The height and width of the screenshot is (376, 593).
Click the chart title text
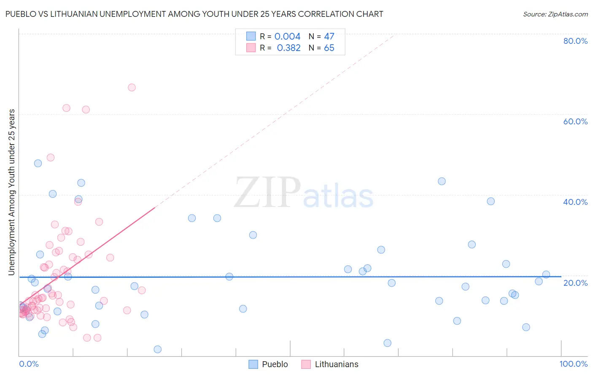point(194,14)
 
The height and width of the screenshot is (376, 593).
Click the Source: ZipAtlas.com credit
point(555,14)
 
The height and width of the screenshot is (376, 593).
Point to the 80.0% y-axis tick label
point(575,41)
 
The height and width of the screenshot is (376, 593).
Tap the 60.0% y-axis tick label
point(575,121)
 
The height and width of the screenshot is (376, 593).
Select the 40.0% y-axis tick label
point(575,202)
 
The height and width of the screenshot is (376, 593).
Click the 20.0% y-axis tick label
point(575,282)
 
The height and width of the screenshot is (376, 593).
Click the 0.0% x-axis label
point(29,364)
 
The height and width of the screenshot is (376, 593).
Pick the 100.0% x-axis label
point(573,364)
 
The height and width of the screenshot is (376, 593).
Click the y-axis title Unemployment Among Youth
point(12,192)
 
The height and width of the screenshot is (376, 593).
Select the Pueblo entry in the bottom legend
point(269,364)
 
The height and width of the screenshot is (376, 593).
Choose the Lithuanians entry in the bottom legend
point(330,364)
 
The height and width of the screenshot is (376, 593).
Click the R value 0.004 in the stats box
point(287,37)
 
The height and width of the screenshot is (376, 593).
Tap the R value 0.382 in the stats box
point(288,48)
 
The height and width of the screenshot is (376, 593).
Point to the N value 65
point(329,48)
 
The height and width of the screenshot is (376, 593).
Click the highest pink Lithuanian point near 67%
point(132,88)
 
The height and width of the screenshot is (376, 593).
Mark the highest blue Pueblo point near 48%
point(38,164)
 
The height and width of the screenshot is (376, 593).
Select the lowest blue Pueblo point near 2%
point(158,349)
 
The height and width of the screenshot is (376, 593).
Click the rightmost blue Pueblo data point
point(546,274)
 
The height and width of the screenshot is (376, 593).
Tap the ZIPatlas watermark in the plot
point(304,193)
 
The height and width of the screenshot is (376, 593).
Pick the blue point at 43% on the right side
point(442,181)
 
